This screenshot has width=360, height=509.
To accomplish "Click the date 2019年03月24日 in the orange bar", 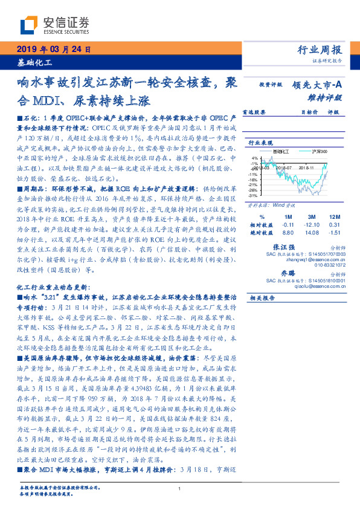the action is [51, 50].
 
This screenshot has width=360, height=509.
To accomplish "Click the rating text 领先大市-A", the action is [318, 85].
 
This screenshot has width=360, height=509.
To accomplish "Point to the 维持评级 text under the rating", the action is [329, 97].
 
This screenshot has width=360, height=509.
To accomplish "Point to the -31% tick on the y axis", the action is [254, 195].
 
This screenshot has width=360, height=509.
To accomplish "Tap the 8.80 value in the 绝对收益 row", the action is [288, 232].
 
